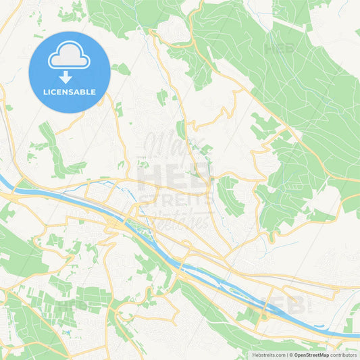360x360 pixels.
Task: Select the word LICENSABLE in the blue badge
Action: pyautogui.click(x=70, y=92)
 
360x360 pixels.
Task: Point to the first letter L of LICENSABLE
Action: pyautogui.click(x=45, y=92)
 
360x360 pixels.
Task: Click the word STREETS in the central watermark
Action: pyautogui.click(x=175, y=199)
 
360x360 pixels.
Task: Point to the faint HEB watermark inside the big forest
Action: pyautogui.click(x=281, y=49)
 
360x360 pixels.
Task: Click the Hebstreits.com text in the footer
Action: pyautogui.click(x=267, y=355)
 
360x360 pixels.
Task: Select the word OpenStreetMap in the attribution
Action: pyautogui.click(x=311, y=355)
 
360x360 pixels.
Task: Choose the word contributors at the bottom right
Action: pyautogui.click(x=344, y=355)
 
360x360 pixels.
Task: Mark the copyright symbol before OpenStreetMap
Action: pyautogui.click(x=291, y=355)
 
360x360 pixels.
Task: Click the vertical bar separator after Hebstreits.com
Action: pyautogui.click(x=286, y=355)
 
